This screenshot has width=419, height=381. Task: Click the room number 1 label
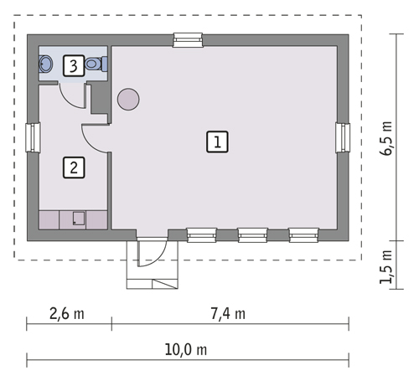[x=216, y=141]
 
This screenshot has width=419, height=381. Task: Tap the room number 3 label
[x=74, y=64]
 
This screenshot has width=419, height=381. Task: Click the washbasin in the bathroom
[x=46, y=63]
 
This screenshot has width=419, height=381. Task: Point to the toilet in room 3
[x=97, y=64]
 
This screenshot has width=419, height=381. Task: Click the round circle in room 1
[x=128, y=100]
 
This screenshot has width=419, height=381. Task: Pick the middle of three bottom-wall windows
[x=252, y=234]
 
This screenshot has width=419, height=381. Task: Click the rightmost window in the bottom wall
[x=303, y=234]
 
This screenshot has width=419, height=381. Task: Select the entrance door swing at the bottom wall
[x=150, y=250]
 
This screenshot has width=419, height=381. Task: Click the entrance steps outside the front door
[x=153, y=276]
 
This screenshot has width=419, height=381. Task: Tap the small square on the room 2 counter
[x=79, y=219]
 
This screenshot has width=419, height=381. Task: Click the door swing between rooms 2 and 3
[x=77, y=95]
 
